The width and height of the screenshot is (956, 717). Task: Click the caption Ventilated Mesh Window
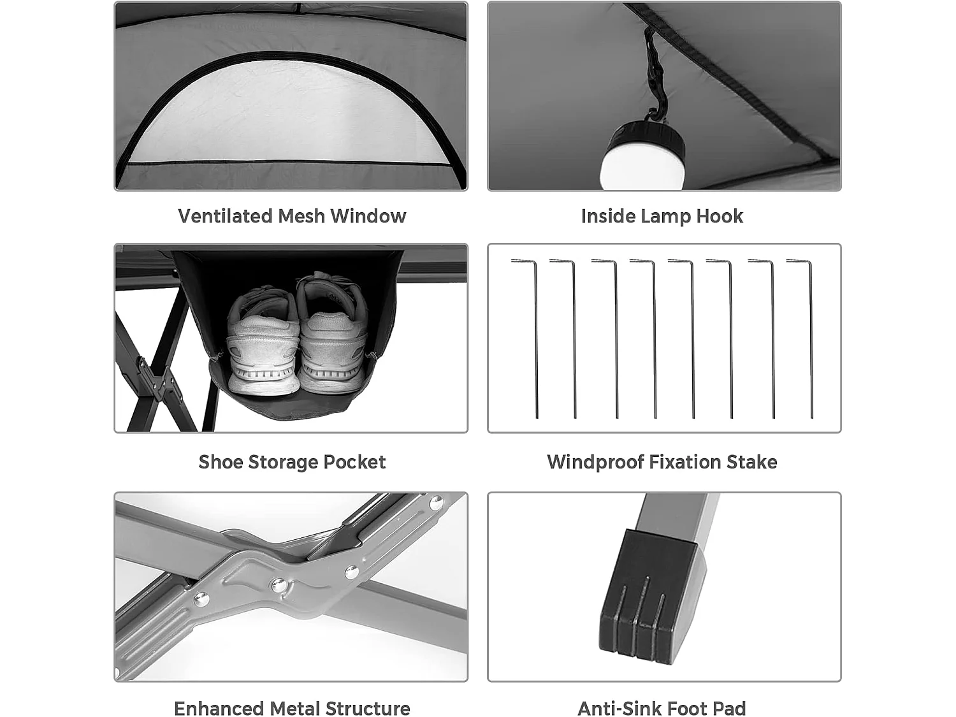[292, 216]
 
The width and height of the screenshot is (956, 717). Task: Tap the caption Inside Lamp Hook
[662, 216]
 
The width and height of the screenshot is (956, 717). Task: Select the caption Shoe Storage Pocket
[292, 462]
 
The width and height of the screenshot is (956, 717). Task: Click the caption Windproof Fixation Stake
[662, 462]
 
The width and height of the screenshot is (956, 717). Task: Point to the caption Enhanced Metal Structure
[292, 708]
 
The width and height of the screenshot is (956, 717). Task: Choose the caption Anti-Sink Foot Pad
[662, 708]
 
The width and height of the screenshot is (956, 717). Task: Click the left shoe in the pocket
[263, 341]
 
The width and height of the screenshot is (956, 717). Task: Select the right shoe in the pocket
[333, 335]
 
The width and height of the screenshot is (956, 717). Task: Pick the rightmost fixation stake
[810, 338]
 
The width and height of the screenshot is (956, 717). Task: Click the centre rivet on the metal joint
[278, 584]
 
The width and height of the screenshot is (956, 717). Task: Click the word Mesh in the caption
[301, 216]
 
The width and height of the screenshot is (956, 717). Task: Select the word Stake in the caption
[752, 462]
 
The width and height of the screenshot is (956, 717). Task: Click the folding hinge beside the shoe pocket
[156, 379]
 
